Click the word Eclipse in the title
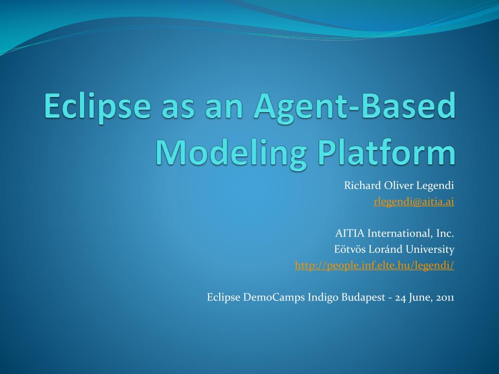point(97,106)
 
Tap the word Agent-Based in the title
point(355,106)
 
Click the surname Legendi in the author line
point(435,186)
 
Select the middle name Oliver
point(398,186)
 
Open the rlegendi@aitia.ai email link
point(414,202)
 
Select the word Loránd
point(385,249)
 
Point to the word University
point(430,249)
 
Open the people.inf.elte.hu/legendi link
point(374,265)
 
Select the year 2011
point(444,297)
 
